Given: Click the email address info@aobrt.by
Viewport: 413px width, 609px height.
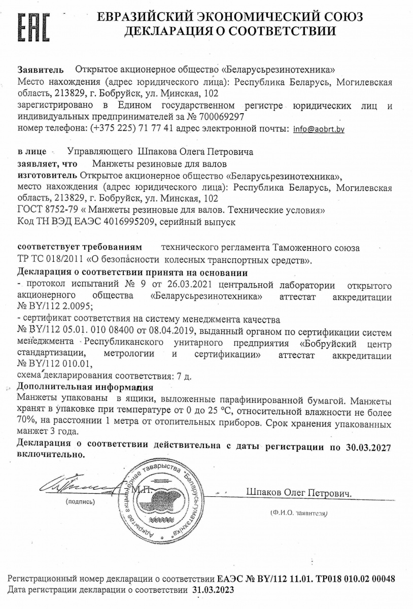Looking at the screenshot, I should point(319,129).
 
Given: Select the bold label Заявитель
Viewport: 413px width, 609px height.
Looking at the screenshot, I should point(41,69).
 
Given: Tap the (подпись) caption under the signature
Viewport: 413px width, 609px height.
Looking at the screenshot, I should point(80,502).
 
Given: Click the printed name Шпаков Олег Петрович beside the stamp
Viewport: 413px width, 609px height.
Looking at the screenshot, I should point(298,493).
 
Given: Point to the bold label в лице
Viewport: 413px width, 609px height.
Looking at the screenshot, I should point(32,152).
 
